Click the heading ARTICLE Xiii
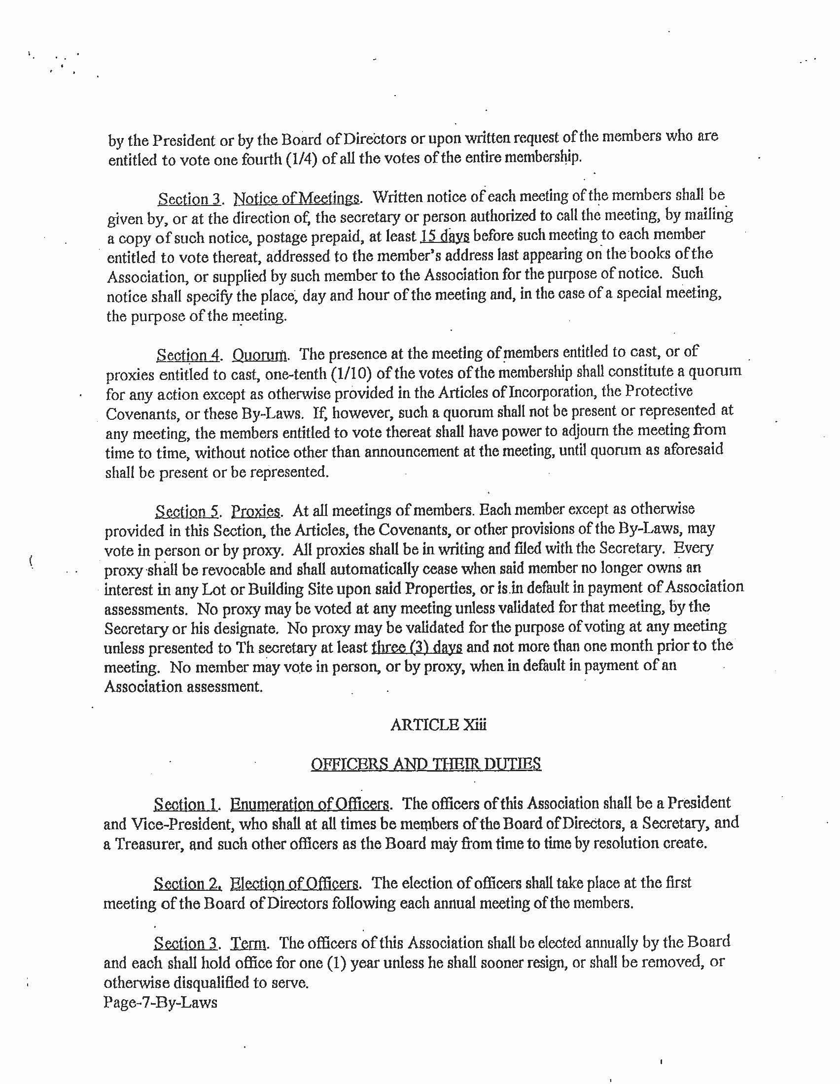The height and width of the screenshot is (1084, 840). point(438,725)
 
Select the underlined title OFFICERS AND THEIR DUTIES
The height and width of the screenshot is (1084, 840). point(425,764)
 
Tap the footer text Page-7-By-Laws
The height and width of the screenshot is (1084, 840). point(160,1002)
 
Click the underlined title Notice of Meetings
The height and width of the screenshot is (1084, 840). point(296,199)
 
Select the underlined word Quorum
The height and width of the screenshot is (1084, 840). point(259,355)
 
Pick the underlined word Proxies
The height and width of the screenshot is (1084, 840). point(256,511)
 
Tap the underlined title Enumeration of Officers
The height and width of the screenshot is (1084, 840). point(310,804)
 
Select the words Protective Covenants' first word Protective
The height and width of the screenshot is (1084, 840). point(658,391)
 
